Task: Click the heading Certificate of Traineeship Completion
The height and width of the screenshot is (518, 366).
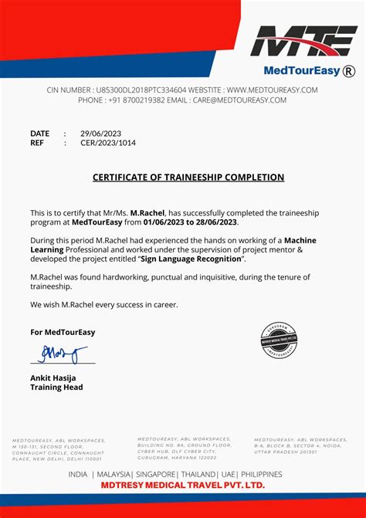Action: (188, 178)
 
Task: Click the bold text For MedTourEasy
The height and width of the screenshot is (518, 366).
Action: (63, 332)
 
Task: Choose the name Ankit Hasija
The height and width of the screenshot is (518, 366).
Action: (55, 377)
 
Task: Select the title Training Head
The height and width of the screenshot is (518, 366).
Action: (56, 387)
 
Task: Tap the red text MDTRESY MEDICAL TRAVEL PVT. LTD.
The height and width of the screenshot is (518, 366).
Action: (184, 485)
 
